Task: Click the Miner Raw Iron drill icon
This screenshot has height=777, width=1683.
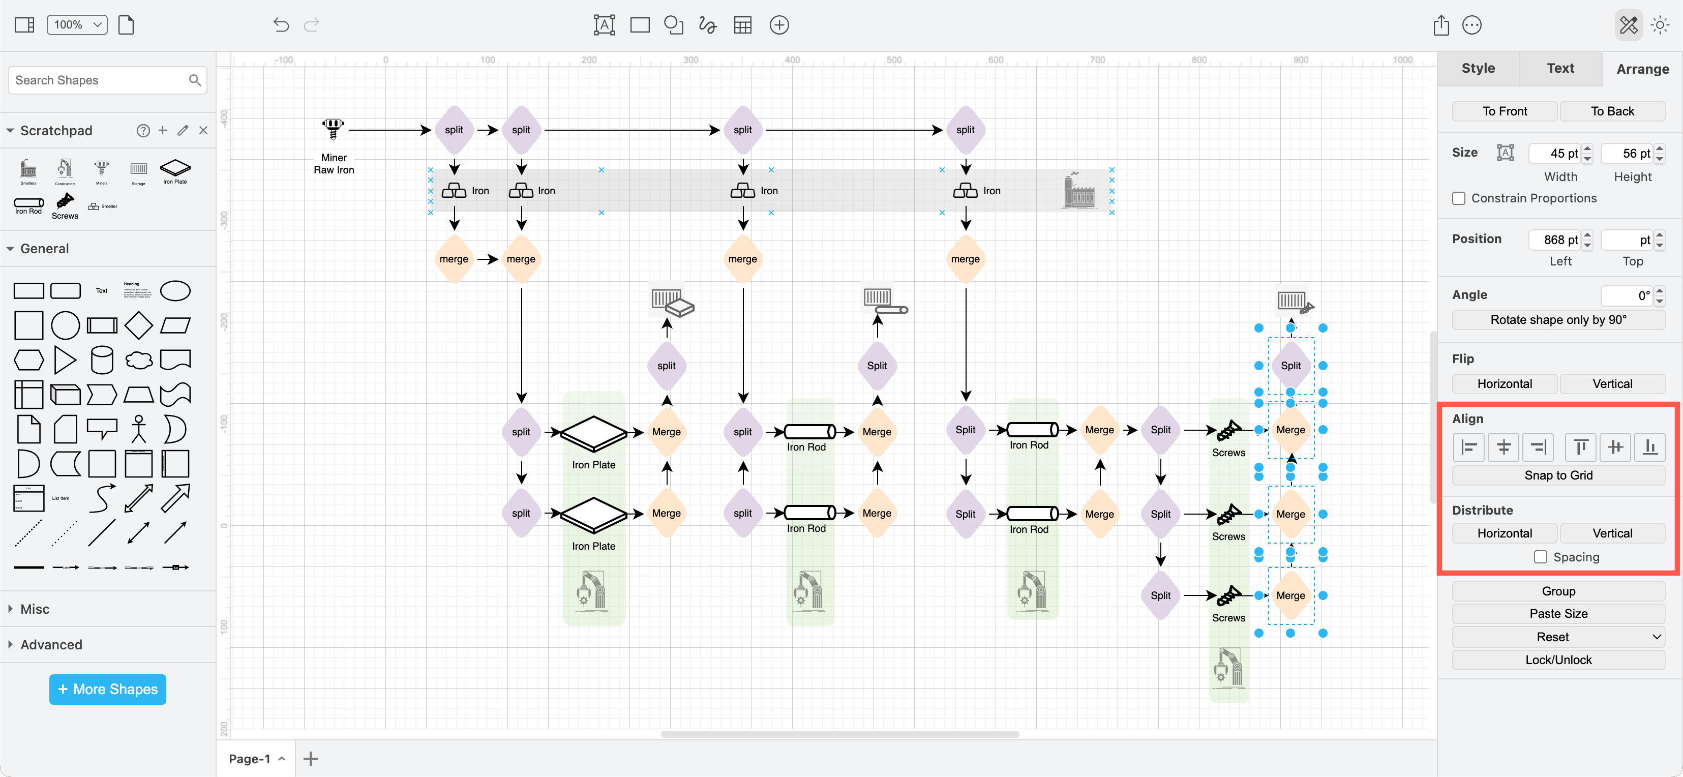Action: [333, 128]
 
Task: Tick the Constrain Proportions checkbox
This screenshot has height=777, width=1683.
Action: [1458, 198]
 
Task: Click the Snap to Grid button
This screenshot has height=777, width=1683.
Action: [1558, 475]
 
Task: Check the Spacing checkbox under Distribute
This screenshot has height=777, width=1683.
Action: [1540, 557]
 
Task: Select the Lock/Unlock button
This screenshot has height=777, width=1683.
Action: [1558, 660]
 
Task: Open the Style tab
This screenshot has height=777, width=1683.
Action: [1478, 68]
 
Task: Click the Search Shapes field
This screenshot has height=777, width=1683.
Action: [98, 80]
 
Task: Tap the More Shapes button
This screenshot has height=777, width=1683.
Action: [108, 689]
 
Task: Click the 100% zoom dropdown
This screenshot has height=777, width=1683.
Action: [77, 25]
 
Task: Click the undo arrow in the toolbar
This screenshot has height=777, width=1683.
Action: [281, 25]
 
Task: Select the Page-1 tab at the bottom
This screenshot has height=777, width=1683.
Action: [250, 759]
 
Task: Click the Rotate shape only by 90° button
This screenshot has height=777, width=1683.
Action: [1558, 319]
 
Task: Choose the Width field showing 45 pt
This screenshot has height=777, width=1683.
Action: [1554, 154]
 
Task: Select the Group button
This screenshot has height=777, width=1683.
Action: [1558, 591]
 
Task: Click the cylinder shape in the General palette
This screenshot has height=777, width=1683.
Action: [102, 360]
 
